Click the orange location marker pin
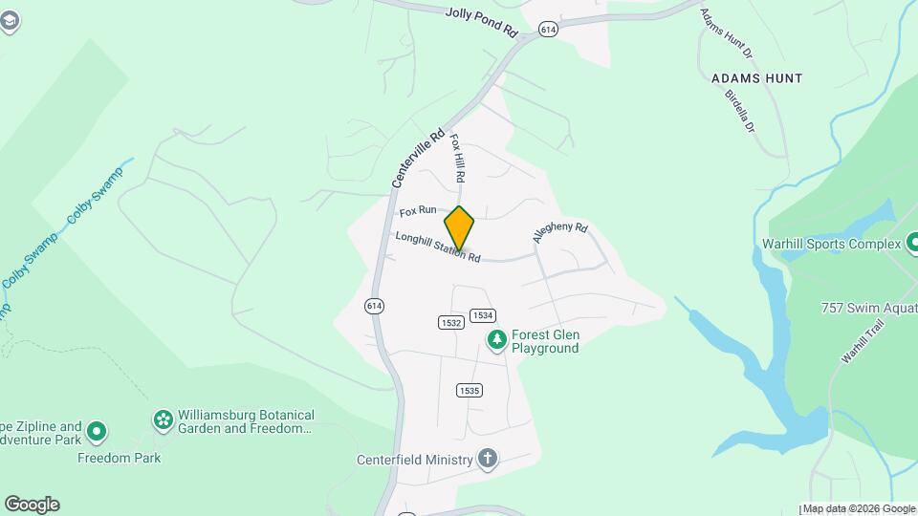pyautogui.click(x=459, y=228)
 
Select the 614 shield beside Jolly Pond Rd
pyautogui.click(x=548, y=30)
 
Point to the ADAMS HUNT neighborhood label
pyautogui.click(x=756, y=77)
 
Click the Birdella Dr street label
pyautogui.click(x=739, y=110)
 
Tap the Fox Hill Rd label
pyautogui.click(x=457, y=158)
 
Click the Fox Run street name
pyautogui.click(x=418, y=210)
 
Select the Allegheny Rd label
pyautogui.click(x=560, y=234)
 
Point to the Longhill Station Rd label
pyautogui.click(x=437, y=247)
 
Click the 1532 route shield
pyautogui.click(x=451, y=323)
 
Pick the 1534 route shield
pyautogui.click(x=483, y=315)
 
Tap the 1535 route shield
pyautogui.click(x=469, y=390)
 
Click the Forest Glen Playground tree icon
pyautogui.click(x=496, y=339)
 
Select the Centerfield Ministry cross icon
pyautogui.click(x=488, y=460)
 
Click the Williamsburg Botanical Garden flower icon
pyautogui.click(x=164, y=419)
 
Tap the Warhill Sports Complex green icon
pyautogui.click(x=911, y=244)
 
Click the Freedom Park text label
pyautogui.click(x=120, y=458)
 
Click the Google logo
pyautogui.click(x=32, y=505)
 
